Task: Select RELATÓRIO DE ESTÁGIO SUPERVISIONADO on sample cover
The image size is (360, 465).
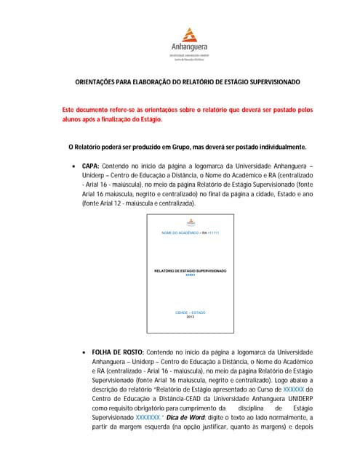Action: pos(191,271)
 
